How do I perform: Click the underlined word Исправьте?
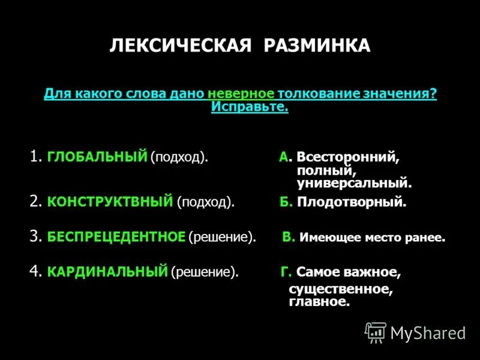(x=250, y=107)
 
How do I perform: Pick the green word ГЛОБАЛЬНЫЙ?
(x=97, y=157)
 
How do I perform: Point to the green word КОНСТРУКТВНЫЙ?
(x=110, y=202)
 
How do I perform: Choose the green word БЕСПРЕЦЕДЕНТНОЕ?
(x=116, y=237)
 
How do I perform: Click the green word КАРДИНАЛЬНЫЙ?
(x=107, y=272)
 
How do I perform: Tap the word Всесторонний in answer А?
(x=346, y=158)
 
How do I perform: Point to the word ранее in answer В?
(x=427, y=238)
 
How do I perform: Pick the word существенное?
(x=341, y=289)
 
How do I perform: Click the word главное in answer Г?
(x=319, y=302)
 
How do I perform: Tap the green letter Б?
(x=285, y=202)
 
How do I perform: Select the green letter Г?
(x=286, y=272)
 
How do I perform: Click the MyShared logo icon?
(x=376, y=332)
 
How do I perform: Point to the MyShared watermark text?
(x=428, y=332)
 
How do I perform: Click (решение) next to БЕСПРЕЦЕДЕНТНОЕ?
(x=222, y=237)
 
